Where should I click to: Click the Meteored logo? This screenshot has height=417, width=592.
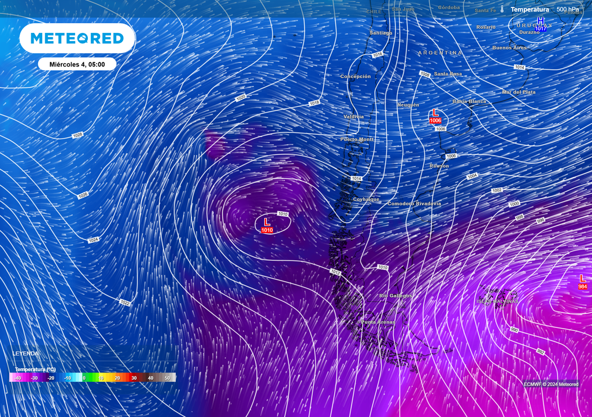click(77, 38)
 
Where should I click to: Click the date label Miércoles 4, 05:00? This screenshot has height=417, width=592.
click(77, 64)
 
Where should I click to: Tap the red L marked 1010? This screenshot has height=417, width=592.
click(267, 225)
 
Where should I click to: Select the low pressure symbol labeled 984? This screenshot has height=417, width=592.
click(582, 282)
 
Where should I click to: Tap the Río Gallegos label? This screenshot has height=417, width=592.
click(395, 296)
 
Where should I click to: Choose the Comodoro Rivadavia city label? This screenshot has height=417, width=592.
click(414, 204)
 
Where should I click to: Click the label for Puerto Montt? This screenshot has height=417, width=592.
click(357, 139)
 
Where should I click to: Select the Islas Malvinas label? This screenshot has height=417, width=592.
click(497, 301)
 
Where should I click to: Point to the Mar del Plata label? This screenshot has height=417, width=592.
click(519, 92)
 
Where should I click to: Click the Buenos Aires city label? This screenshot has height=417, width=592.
click(509, 47)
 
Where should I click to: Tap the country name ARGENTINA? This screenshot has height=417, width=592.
click(440, 53)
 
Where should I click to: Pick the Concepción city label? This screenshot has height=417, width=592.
click(356, 76)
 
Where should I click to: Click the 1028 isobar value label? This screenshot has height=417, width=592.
click(77, 135)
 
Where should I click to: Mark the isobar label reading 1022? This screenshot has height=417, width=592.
click(125, 302)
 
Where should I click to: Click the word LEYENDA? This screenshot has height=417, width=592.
click(26, 353)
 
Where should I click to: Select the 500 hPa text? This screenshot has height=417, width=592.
click(568, 9)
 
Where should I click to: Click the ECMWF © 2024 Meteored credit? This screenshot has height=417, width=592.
click(551, 384)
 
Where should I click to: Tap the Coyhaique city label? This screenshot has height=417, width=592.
click(367, 199)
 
